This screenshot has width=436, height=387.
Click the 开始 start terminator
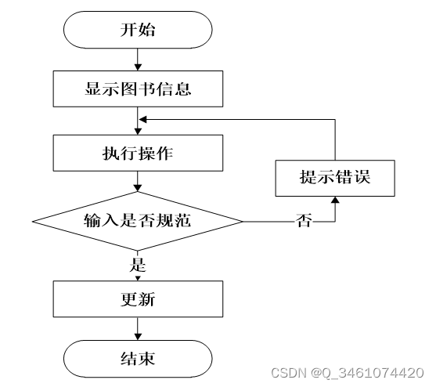coord(138,31)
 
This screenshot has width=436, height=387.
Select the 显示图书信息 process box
coord(138,89)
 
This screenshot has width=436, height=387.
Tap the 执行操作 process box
coord(138,153)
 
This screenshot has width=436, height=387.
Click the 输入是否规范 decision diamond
coord(138,222)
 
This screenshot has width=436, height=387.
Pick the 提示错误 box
coord(335,176)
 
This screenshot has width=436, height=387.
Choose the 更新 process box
coord(138,298)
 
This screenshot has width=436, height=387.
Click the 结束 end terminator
coord(138,358)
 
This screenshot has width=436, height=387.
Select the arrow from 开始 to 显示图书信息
coord(138,60)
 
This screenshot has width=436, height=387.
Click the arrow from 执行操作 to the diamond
coord(138,181)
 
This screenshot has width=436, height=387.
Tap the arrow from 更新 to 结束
coord(138,328)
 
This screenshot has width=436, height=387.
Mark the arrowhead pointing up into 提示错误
coord(335,201)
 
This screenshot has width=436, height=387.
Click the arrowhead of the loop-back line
coord(142,120)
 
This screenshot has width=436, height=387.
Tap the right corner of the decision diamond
coord(242,222)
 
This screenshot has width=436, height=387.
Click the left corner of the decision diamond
coord(34,222)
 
